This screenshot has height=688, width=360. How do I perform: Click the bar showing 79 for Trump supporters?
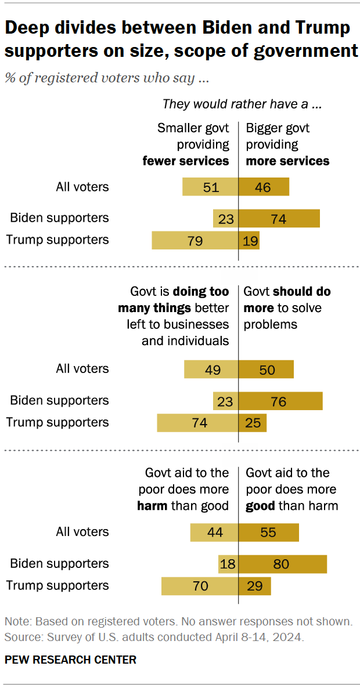(195, 240)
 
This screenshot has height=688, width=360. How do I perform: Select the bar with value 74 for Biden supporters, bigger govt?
(279, 219)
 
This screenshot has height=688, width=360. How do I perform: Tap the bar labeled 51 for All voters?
(210, 187)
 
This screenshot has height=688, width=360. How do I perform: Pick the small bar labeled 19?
(249, 240)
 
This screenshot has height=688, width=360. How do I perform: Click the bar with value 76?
(280, 401)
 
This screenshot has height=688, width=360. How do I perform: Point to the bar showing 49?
(211, 370)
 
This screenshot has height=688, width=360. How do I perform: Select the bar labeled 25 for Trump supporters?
(253, 423)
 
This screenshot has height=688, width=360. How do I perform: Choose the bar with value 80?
(283, 564)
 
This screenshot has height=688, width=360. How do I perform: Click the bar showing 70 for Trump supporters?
(200, 586)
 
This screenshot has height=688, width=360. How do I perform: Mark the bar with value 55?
(269, 533)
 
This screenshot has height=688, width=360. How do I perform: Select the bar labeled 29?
(255, 586)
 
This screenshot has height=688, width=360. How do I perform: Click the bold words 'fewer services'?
(186, 161)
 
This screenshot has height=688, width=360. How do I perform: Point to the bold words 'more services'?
(287, 161)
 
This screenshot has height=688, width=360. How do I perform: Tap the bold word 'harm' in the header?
(152, 506)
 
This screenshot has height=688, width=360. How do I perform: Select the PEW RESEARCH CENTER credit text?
(71, 660)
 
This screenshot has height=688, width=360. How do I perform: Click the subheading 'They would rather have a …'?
(242, 104)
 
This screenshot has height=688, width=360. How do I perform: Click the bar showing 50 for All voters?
(267, 370)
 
